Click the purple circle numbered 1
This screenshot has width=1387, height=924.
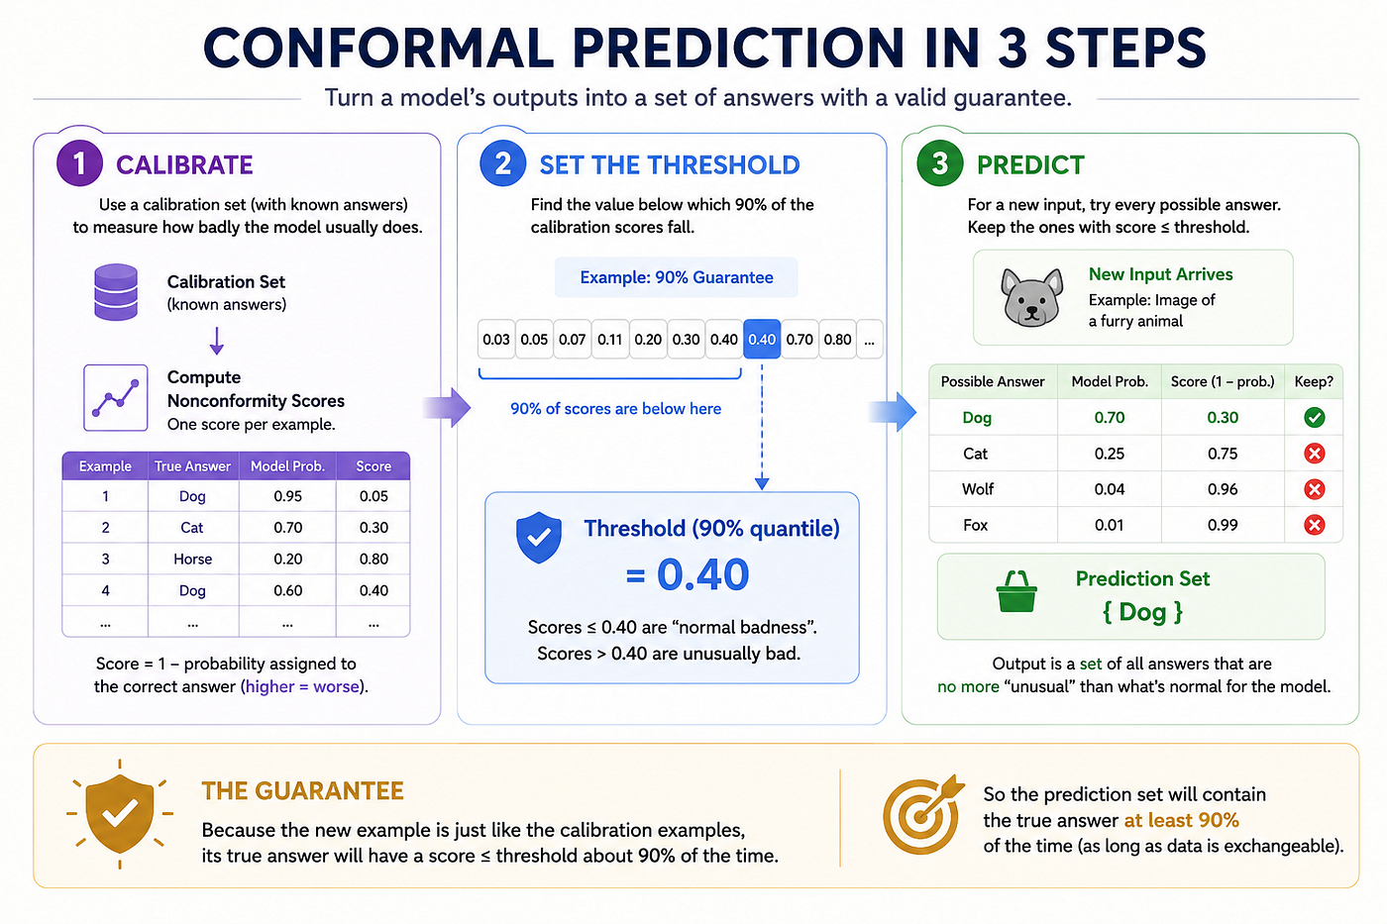point(79,163)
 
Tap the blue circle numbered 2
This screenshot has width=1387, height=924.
point(503,163)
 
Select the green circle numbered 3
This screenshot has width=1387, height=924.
point(940,163)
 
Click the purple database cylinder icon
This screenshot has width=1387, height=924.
point(116,291)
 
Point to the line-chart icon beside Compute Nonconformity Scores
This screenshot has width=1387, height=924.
point(116,398)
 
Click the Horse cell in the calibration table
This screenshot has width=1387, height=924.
point(192,559)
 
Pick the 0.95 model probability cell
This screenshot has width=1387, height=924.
point(288,496)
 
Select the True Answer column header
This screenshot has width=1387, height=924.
point(192,466)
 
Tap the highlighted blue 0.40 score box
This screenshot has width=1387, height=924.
point(762,339)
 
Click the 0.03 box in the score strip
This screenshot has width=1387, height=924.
point(496,339)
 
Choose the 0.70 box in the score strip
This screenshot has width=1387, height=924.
point(800,339)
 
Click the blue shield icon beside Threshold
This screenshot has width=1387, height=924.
point(539,537)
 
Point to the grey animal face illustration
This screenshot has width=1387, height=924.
point(1031,297)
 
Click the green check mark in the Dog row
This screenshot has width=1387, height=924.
point(1314,418)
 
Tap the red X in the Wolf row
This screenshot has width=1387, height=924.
point(1314,489)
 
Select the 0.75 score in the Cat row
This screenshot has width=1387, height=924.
point(1223,454)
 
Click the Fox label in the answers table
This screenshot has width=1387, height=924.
point(975,526)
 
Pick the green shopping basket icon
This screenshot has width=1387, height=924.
point(1016,591)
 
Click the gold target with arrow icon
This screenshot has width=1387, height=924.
point(922,814)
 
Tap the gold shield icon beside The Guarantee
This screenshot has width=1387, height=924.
point(120,813)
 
